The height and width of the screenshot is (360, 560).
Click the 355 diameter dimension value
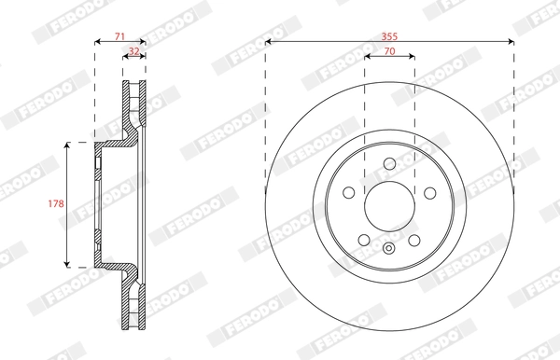pos(389,35)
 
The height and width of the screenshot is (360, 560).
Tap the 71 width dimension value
pos(119,35)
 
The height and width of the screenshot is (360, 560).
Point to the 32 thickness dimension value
pos(134,51)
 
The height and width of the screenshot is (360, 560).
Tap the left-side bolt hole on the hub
pos(349,193)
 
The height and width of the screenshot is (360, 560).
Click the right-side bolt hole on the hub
pos(429,193)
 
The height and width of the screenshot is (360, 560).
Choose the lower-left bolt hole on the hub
pos(365,240)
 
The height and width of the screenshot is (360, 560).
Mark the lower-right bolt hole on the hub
pos(413,240)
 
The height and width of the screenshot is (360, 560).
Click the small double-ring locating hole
pos(389,248)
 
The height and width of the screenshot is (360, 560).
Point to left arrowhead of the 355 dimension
pos(269,42)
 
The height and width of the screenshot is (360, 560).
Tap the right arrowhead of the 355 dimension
pos(511,42)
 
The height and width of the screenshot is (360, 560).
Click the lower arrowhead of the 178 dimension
pos(68,266)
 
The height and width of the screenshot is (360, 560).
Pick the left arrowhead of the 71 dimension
pos(97,42)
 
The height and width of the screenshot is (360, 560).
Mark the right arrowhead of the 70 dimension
pos(413,57)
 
